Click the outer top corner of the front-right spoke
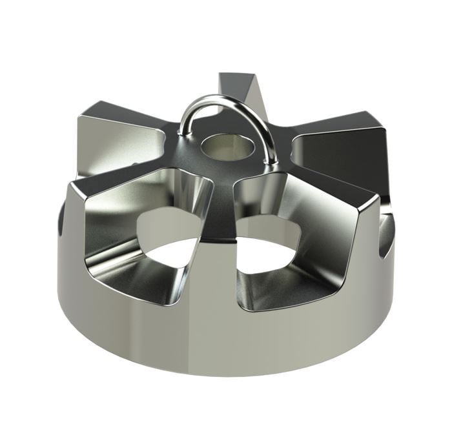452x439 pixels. pyautogui.click(x=377, y=200)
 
